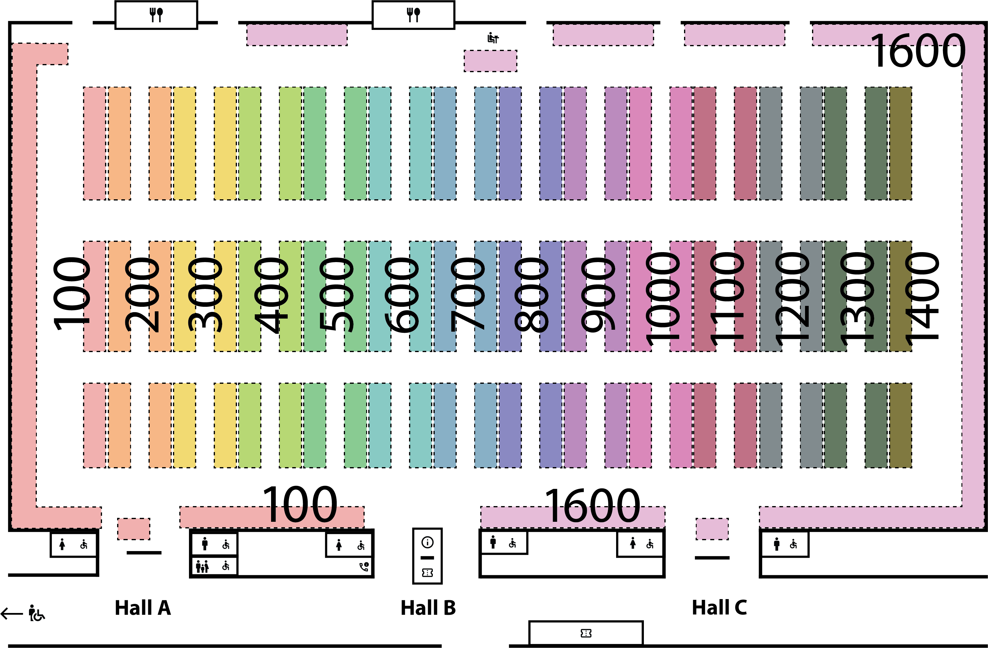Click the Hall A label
(x=143, y=608)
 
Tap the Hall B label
(x=428, y=608)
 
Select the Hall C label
(x=719, y=607)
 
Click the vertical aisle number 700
(x=467, y=294)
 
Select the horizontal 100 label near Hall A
(x=300, y=505)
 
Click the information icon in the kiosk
(x=427, y=542)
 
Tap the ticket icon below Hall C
(x=586, y=633)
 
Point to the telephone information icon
(x=364, y=566)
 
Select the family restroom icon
(x=202, y=566)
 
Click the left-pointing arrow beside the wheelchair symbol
(x=12, y=613)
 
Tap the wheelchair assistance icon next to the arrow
(x=37, y=613)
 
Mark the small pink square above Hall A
(x=134, y=529)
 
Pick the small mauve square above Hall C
(x=712, y=529)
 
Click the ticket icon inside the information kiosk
(x=427, y=573)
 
